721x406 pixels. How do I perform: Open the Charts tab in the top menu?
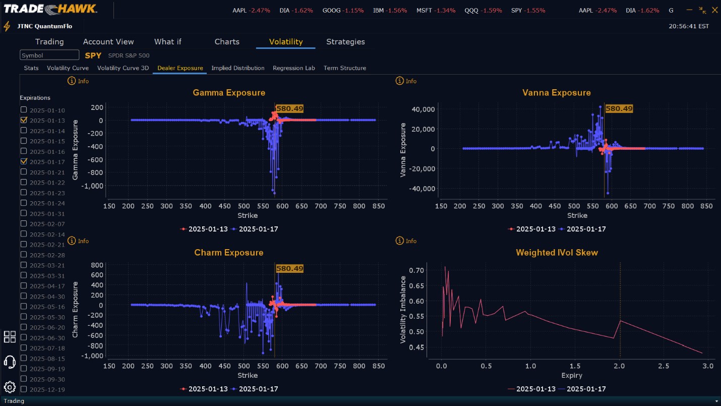(x=227, y=42)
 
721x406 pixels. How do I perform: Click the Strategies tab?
(x=345, y=42)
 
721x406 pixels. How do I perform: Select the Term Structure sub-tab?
(x=345, y=68)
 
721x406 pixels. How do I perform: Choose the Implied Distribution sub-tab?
(x=238, y=68)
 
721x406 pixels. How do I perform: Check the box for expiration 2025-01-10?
(x=24, y=110)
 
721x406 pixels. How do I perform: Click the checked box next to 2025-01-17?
(x=24, y=161)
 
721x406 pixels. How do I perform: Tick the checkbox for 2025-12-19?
(x=24, y=389)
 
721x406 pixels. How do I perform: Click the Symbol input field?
(x=49, y=55)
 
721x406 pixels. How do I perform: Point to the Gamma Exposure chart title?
(x=229, y=93)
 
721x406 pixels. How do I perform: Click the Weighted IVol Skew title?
(x=557, y=253)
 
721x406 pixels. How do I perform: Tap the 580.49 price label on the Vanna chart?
(x=619, y=108)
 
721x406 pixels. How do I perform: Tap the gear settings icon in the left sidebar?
(x=10, y=387)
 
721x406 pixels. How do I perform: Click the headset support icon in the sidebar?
(x=10, y=362)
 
